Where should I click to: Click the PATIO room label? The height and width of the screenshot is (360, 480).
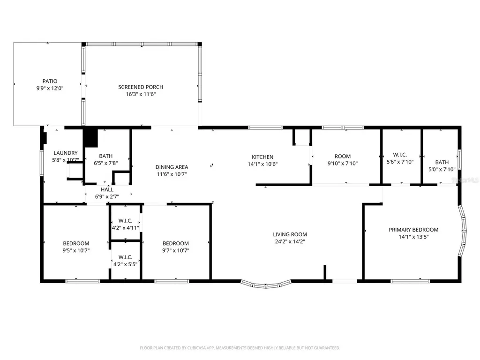[x=50, y=81]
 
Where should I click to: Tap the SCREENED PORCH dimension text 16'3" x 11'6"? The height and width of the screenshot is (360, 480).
[x=141, y=94]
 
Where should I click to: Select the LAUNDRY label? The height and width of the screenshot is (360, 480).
[x=66, y=153]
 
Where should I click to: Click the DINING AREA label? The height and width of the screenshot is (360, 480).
[x=172, y=167]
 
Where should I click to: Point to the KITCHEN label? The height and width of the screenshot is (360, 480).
[x=262, y=157]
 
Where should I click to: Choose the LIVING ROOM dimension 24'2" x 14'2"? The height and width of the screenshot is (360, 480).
[x=290, y=241]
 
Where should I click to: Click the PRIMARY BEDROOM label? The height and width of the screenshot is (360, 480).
[x=413, y=230]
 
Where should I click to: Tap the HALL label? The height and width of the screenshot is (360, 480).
[x=107, y=189]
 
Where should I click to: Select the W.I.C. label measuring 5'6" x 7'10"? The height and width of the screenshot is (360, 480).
[x=400, y=155]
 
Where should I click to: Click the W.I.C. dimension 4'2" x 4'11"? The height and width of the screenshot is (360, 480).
[x=126, y=228]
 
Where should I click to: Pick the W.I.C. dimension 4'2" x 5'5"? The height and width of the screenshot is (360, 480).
[x=126, y=264]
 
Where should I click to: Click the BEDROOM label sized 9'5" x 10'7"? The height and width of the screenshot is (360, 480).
[x=76, y=243]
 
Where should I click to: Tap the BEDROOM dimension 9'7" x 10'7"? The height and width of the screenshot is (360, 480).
[x=176, y=250]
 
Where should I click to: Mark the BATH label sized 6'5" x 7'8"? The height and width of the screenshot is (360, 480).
[x=106, y=156]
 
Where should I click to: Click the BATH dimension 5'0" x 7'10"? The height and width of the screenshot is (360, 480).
[x=442, y=169]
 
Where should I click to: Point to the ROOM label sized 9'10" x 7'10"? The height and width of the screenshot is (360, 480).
[x=343, y=156]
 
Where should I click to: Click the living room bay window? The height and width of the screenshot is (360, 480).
[x=266, y=285]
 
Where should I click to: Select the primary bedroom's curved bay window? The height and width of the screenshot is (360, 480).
[x=463, y=231]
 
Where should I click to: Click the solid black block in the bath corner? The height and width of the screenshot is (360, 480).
[x=90, y=138]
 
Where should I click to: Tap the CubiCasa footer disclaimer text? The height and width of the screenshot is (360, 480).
[x=240, y=348]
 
